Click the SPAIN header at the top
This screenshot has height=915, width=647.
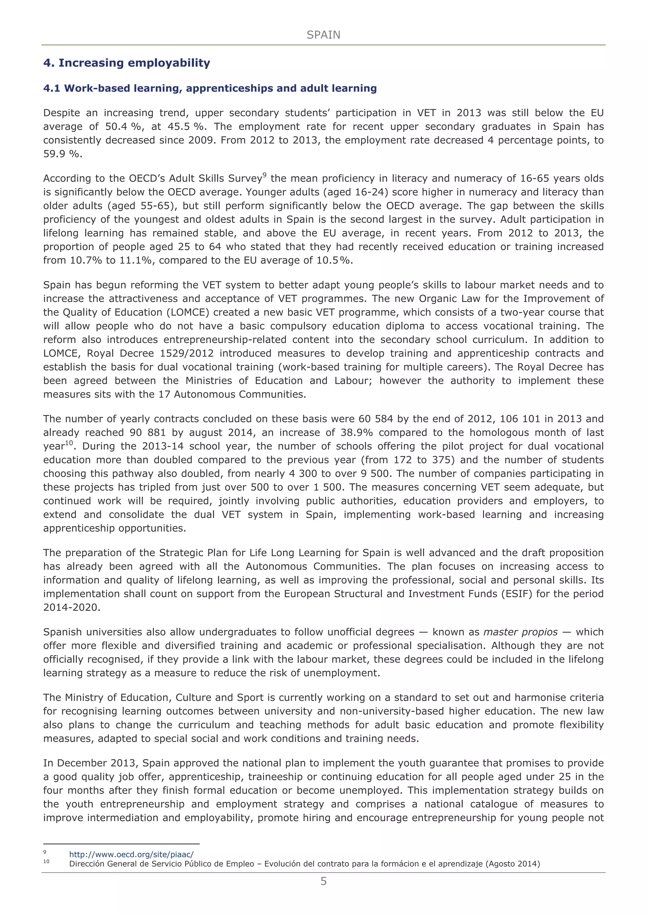click(323, 35)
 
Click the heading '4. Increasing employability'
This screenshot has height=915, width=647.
click(126, 63)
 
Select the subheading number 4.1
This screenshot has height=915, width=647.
click(52, 88)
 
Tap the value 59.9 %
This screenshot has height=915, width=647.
click(62, 154)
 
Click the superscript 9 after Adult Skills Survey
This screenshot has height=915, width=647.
click(264, 175)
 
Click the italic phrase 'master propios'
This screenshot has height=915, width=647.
click(520, 632)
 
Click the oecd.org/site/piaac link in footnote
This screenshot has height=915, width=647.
click(131, 854)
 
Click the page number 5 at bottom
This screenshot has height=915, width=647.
click(323, 881)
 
